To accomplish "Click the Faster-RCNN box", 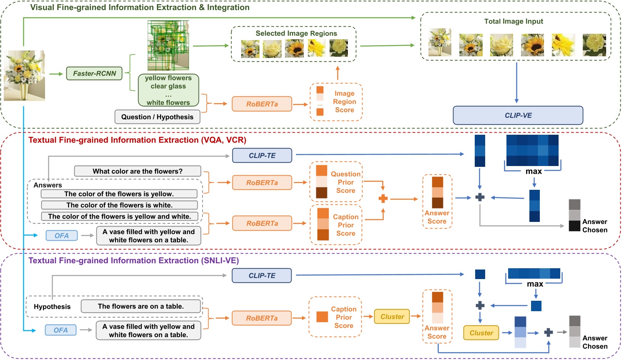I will point(94,73).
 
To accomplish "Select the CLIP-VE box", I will point(518,116).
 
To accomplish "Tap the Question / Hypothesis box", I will point(157,117).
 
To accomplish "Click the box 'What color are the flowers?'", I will point(137,171).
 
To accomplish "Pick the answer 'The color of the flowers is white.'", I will point(119,205).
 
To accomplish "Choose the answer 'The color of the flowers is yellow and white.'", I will point(119,217).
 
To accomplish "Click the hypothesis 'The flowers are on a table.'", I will point(141,306).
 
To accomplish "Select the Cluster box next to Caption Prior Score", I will point(392,317).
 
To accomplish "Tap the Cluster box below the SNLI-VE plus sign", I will point(481,333).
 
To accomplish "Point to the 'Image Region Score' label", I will point(344,102).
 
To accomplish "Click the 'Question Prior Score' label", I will point(345,182).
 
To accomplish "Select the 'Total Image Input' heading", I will point(514,21).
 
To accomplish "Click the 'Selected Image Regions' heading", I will point(296,33).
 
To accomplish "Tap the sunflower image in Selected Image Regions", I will point(294,49).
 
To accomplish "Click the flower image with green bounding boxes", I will point(168,45).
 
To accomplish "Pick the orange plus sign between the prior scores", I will point(383,199).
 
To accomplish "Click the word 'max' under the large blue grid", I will point(534,171).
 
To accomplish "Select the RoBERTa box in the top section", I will point(262,104).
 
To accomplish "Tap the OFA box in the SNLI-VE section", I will point(60,330).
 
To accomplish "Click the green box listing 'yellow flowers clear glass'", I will point(168,90).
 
